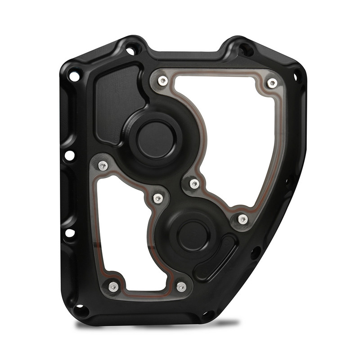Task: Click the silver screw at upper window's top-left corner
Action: [163, 80]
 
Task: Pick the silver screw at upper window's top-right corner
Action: [272, 83]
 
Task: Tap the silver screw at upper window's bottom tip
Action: [243, 219]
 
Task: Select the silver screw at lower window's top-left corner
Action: [103, 165]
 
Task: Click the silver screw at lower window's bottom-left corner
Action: [113, 286]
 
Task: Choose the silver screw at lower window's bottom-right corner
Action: [181, 286]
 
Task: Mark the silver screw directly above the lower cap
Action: [194, 183]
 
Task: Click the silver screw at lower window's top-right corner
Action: [157, 198]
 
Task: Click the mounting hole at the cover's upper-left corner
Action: [74, 77]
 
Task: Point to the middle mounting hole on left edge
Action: [70, 156]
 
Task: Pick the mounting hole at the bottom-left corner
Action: [81, 310]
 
